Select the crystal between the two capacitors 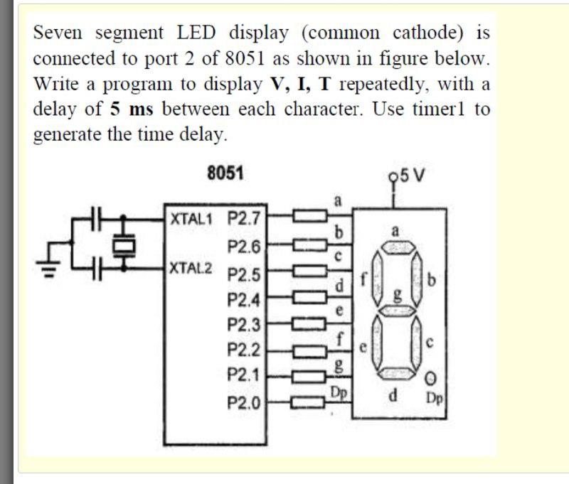(125, 244)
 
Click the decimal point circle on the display (430, 377)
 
